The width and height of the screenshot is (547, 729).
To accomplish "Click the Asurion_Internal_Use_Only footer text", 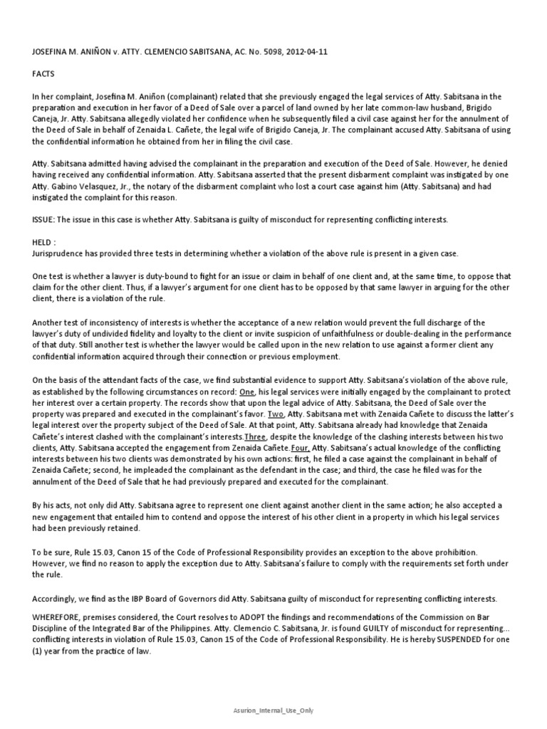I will pyautogui.click(x=273, y=710).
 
